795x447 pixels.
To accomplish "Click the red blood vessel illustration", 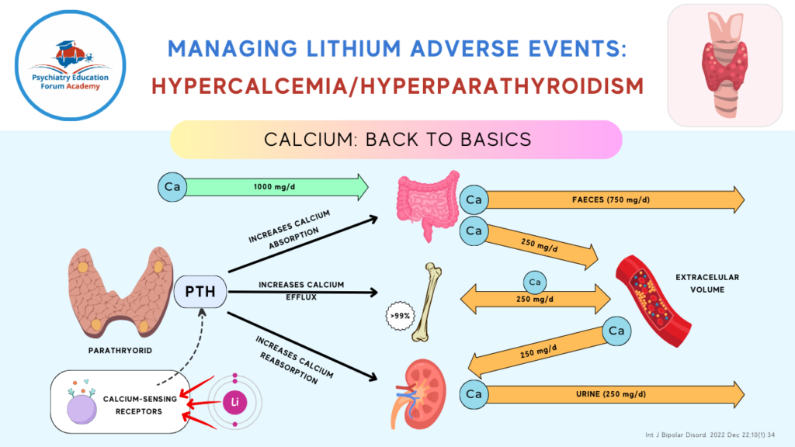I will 644,291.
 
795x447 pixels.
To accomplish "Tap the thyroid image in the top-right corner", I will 725,64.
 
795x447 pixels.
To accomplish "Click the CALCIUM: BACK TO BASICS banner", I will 397,140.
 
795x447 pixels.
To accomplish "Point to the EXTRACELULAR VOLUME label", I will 707,282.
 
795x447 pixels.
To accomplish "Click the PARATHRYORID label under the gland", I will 120,350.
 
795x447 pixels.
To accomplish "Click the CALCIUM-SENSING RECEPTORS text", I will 132,405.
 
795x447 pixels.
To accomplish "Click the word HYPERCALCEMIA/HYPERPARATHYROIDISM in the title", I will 397,85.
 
